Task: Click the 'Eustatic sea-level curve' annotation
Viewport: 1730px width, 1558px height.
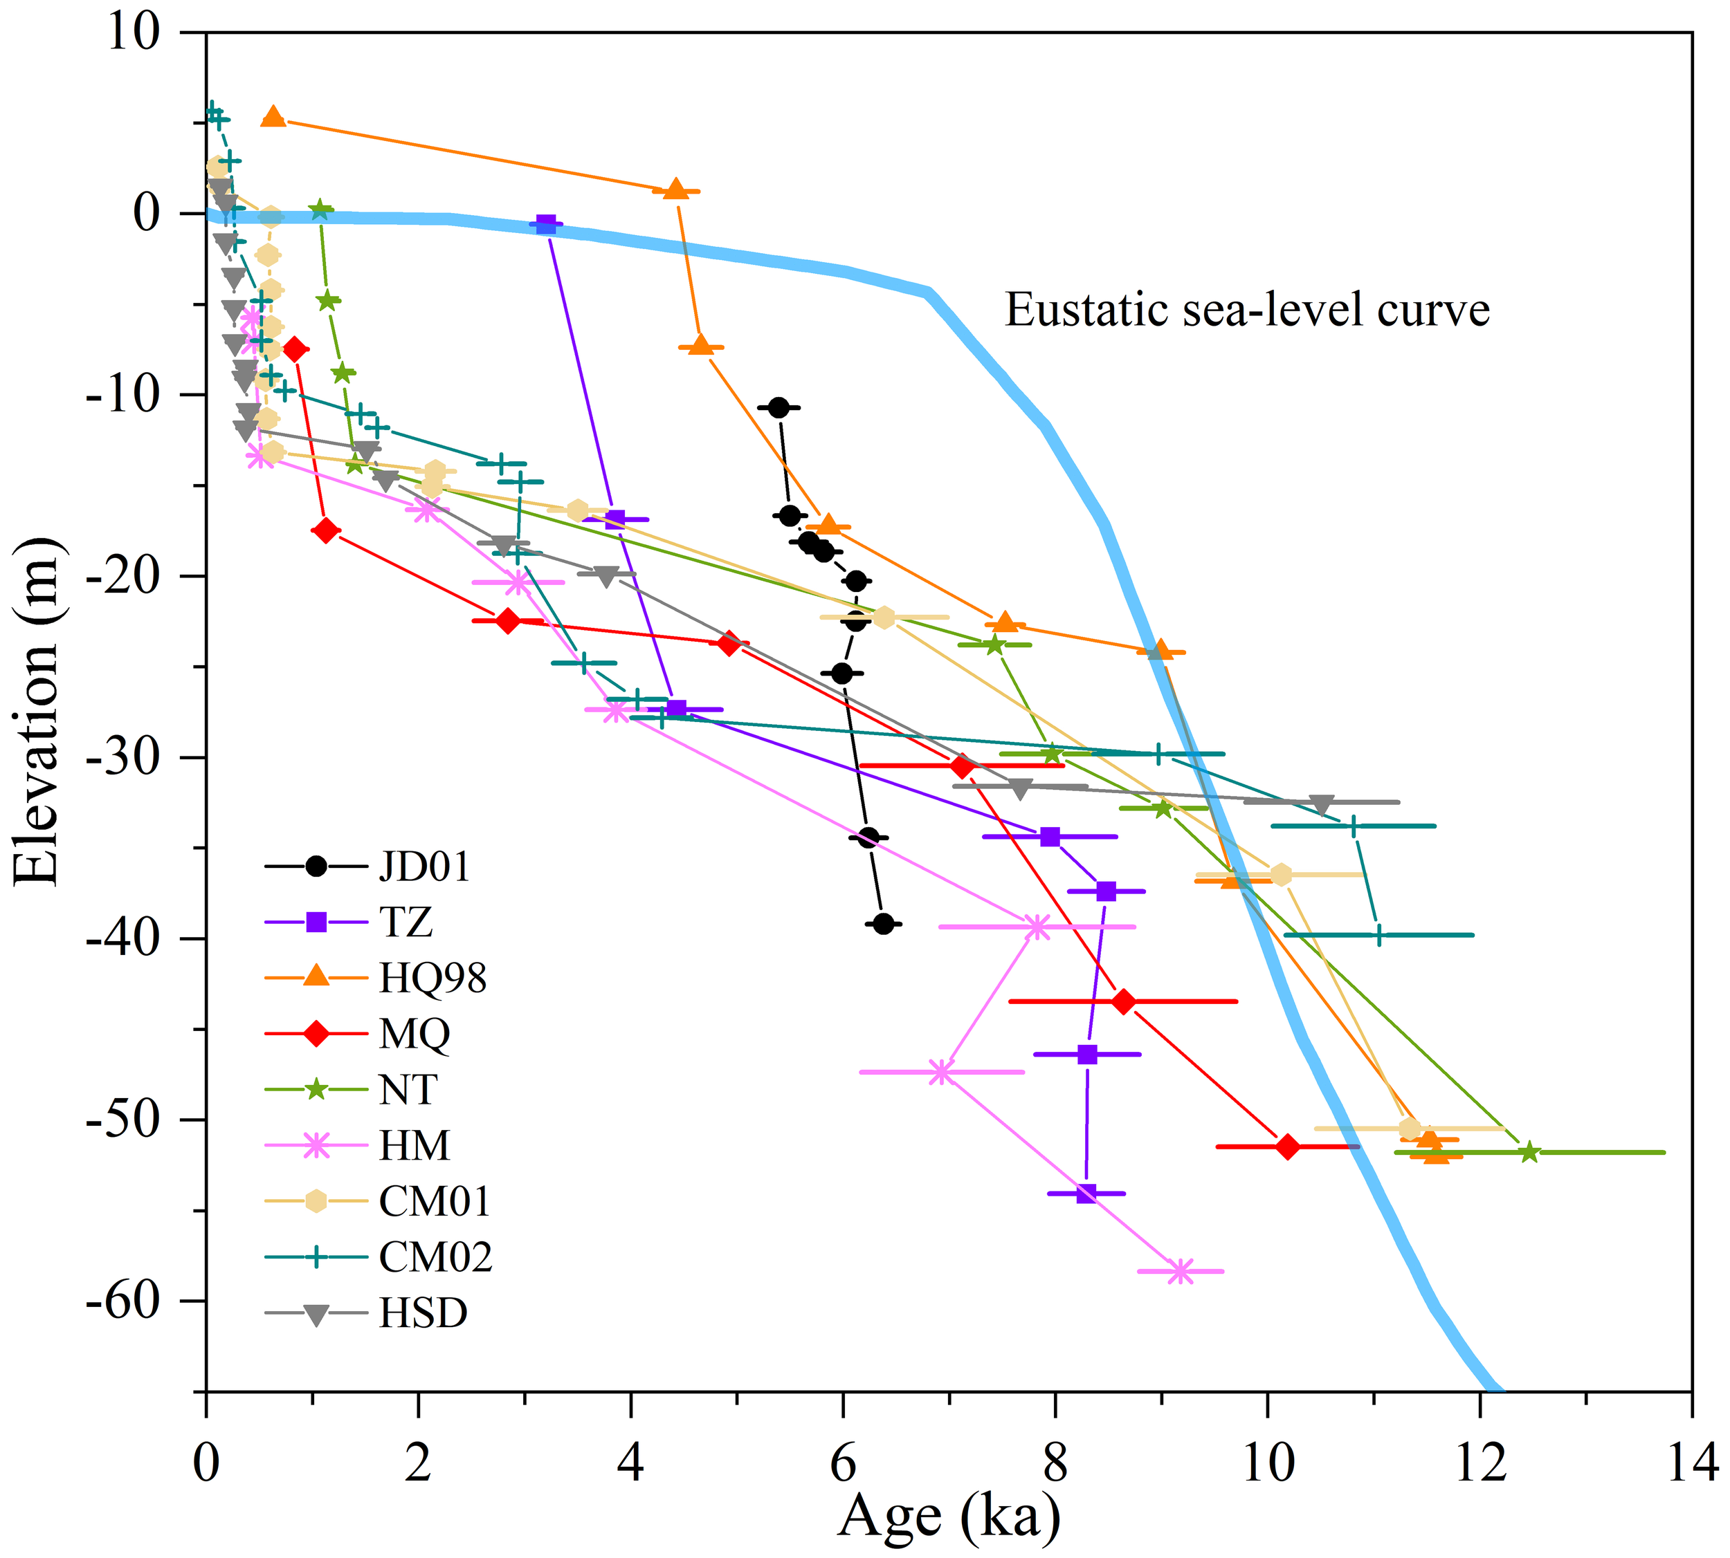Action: (x=1247, y=310)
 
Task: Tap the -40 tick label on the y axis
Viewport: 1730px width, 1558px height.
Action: (x=123, y=938)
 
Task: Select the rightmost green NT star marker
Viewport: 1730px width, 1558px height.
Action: (x=1529, y=1153)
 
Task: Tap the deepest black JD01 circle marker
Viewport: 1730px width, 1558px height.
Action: (x=884, y=924)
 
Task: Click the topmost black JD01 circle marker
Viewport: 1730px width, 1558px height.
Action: (x=778, y=407)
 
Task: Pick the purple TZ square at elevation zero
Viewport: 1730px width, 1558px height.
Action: (x=545, y=224)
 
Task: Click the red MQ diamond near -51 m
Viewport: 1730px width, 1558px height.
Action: (x=1287, y=1147)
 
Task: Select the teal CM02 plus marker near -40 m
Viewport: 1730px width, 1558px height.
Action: (x=1378, y=936)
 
